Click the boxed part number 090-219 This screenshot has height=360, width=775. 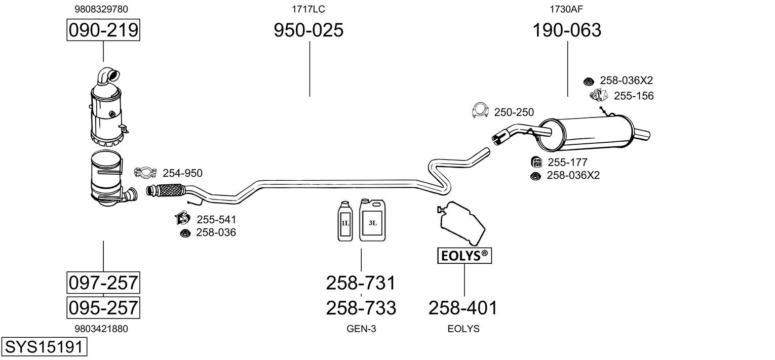(x=103, y=30)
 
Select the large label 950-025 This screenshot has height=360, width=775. (x=308, y=30)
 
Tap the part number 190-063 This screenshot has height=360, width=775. (x=567, y=30)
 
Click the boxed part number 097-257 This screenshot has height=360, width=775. (x=103, y=283)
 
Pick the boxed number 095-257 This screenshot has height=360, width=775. (x=103, y=307)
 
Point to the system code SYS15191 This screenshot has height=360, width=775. (x=44, y=347)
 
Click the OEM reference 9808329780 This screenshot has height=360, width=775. (x=101, y=9)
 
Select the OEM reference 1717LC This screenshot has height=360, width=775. (x=308, y=9)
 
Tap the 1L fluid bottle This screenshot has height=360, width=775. (x=345, y=221)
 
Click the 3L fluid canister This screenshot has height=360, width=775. (x=372, y=220)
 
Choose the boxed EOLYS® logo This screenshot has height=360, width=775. (x=464, y=256)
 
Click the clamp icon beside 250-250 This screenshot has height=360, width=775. (x=480, y=110)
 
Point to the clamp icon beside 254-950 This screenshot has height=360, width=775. (x=145, y=172)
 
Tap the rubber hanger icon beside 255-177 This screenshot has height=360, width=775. (x=536, y=162)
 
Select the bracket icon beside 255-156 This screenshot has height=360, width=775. (x=598, y=95)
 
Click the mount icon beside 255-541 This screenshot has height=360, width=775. (x=182, y=218)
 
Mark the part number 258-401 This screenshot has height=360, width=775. (x=463, y=308)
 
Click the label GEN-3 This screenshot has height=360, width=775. (x=361, y=329)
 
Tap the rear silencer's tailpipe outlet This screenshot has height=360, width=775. (x=642, y=134)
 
